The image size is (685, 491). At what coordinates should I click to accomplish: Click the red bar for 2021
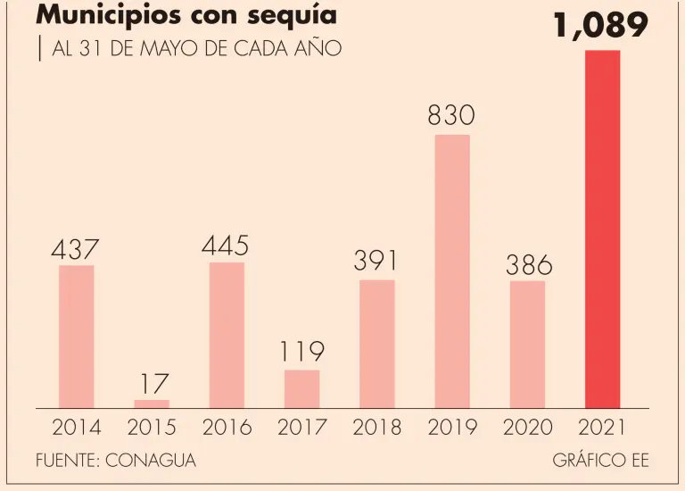click(602, 229)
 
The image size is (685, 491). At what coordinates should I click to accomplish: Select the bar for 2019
click(452, 271)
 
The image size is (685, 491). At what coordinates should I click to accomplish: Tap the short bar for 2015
click(152, 404)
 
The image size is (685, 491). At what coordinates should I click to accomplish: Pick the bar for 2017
click(301, 389)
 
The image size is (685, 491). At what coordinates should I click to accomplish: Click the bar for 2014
click(77, 337)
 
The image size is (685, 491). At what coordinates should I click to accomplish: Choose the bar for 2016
click(227, 335)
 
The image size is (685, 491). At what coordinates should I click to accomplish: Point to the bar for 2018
click(376, 344)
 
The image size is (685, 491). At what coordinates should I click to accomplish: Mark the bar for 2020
click(527, 345)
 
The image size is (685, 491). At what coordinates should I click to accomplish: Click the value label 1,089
click(599, 26)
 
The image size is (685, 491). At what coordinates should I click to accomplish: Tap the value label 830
click(450, 115)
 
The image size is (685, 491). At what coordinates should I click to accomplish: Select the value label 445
click(225, 245)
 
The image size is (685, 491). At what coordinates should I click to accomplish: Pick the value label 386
click(529, 264)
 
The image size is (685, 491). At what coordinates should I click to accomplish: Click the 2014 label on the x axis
click(77, 428)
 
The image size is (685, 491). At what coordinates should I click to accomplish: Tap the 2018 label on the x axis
click(376, 428)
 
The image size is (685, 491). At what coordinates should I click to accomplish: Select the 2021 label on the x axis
click(602, 428)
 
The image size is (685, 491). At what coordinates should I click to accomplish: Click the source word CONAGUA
click(150, 461)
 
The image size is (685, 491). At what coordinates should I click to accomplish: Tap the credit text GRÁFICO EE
click(600, 461)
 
